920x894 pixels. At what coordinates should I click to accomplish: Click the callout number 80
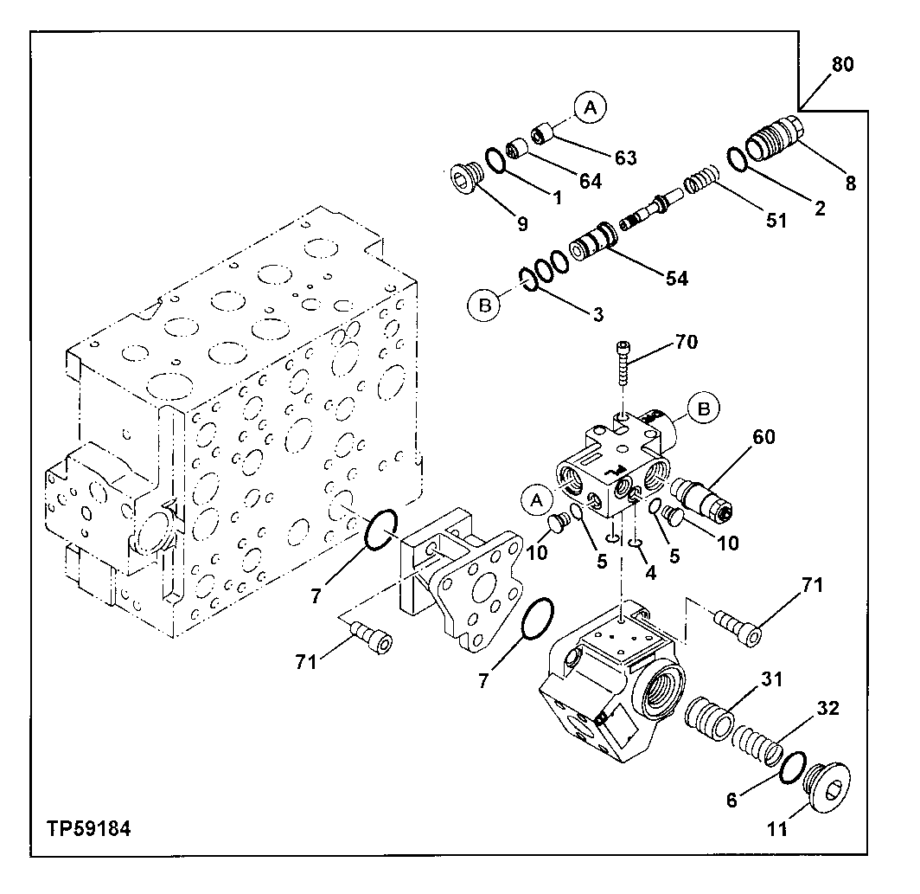point(842,65)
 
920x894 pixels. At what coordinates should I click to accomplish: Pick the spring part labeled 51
point(702,185)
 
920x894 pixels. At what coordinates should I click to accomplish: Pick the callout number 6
point(732,801)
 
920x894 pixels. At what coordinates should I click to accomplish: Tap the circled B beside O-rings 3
point(484,304)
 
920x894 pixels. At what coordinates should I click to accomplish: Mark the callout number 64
point(590,182)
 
